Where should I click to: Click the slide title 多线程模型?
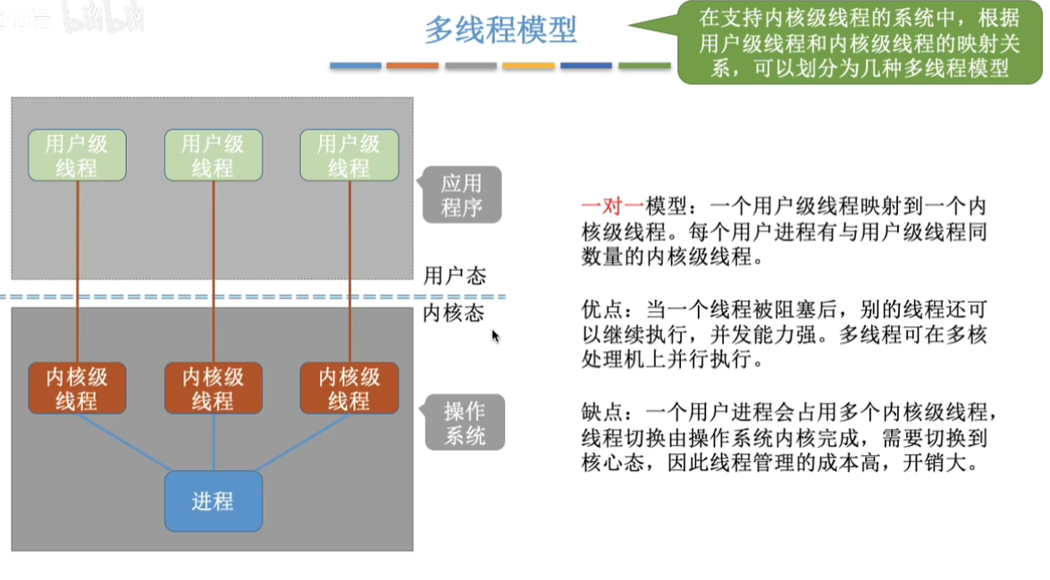tap(501, 30)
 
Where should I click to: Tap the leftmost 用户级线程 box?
tap(77, 156)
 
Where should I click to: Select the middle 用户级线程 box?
tap(214, 156)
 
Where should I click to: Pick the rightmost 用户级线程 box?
tap(349, 156)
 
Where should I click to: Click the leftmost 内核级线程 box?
tap(77, 389)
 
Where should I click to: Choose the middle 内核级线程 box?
tap(214, 389)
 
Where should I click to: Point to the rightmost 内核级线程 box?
tap(349, 389)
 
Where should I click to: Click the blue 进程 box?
tap(214, 501)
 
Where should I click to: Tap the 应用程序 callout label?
tap(461, 195)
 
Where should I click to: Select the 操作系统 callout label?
tap(464, 423)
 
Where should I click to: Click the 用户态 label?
tap(455, 275)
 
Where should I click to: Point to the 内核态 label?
tap(453, 313)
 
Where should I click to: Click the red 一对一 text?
tap(613, 206)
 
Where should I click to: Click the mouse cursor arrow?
tap(495, 335)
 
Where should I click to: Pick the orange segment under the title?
tap(413, 65)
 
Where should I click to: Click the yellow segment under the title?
tap(528, 65)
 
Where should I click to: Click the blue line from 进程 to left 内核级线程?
tap(124, 442)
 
